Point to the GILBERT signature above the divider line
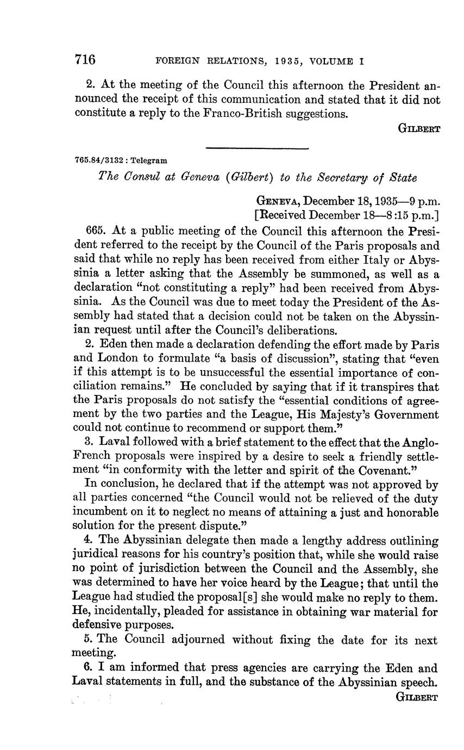click(x=419, y=129)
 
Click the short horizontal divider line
click(x=258, y=148)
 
